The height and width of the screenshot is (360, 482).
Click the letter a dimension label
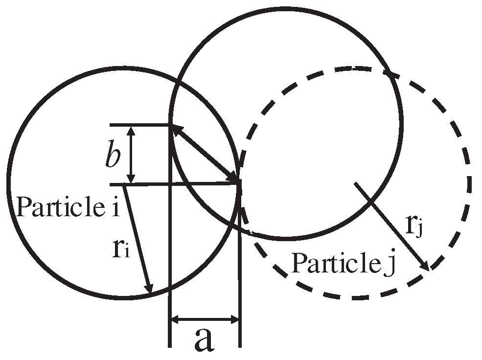point(205,339)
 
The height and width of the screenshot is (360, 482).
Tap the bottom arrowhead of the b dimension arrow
point(131,180)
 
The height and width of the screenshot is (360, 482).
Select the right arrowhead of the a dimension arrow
point(235,320)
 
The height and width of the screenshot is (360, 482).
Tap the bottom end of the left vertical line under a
point(170,346)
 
